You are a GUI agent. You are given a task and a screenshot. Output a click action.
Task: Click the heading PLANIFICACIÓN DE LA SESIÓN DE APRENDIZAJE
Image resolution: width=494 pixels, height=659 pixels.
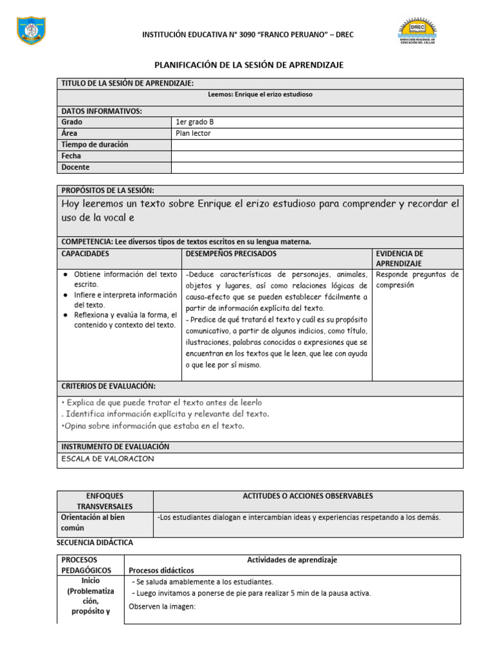[249, 65]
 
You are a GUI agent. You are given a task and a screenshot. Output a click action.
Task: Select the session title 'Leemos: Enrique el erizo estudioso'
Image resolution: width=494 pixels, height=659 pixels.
[261, 94]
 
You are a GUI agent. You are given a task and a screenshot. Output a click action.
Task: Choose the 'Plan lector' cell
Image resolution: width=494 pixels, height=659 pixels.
[193, 133]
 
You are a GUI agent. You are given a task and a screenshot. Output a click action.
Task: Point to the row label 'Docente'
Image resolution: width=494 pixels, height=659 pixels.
[75, 167]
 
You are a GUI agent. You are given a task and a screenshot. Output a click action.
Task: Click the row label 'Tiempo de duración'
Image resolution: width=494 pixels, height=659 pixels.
[94, 145]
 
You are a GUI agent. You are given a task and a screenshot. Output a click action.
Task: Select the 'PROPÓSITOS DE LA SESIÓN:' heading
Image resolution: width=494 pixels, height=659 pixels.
[107, 190]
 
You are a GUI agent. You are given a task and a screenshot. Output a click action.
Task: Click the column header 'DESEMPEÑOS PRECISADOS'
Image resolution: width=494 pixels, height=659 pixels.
[231, 254]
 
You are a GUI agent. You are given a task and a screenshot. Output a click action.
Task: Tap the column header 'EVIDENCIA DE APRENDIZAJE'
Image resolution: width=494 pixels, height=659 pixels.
[399, 259]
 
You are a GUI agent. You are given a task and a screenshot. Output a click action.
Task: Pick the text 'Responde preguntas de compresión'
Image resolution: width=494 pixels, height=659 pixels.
[417, 279]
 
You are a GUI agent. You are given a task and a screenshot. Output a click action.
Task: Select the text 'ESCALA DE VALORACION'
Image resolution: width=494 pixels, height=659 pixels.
[107, 459]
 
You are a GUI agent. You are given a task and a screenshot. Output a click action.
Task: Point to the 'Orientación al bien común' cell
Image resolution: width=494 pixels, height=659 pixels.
[93, 522]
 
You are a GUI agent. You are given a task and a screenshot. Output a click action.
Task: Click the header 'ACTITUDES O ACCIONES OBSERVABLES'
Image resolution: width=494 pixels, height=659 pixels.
[307, 496]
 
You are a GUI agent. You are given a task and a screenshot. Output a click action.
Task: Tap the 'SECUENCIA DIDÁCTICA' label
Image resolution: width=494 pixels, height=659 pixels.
[95, 543]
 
